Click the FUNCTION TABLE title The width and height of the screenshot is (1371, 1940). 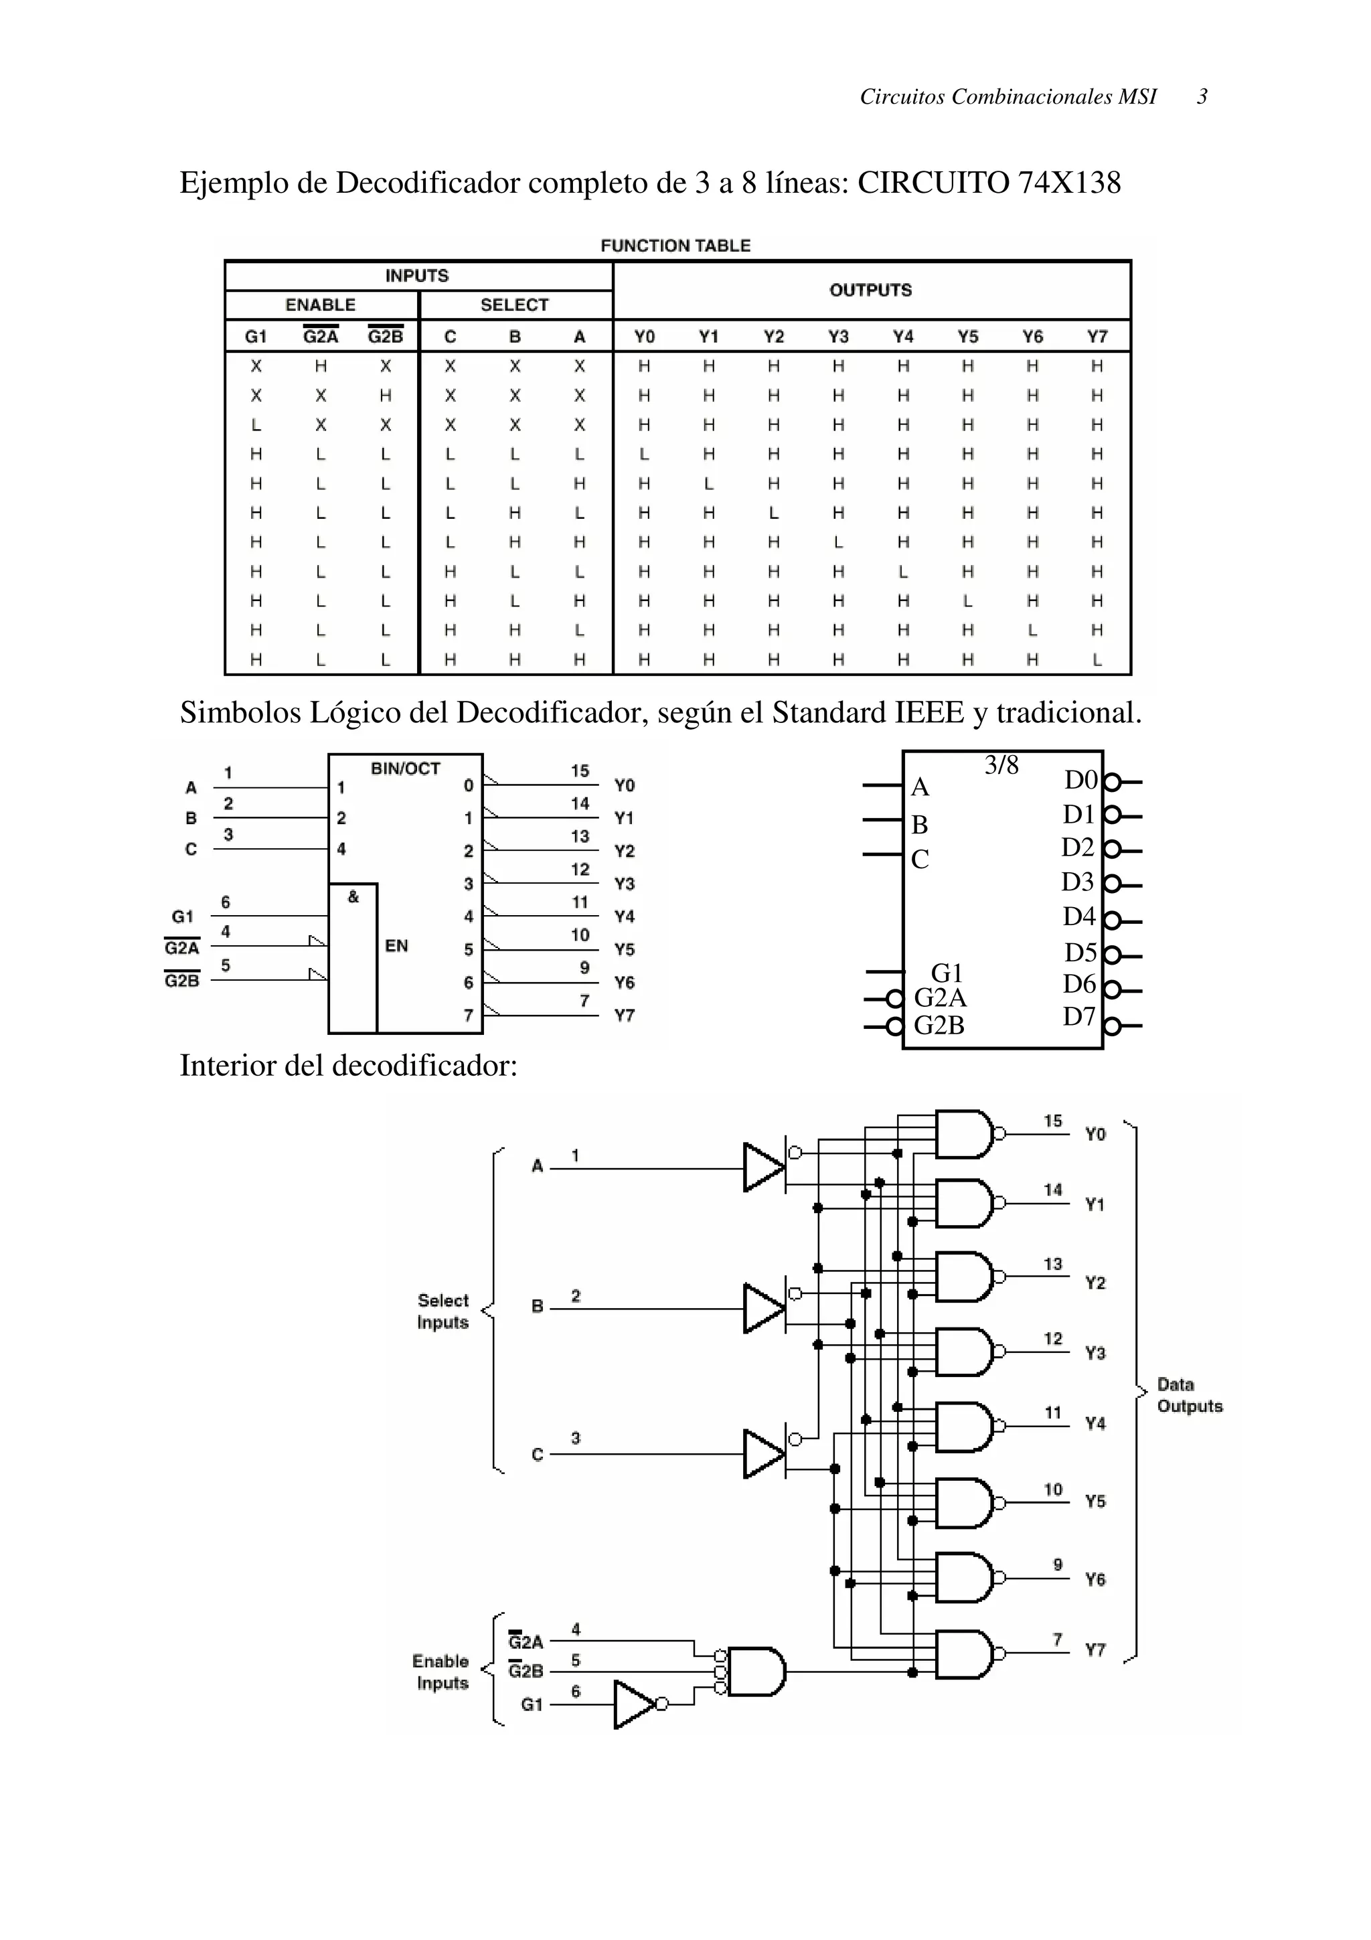coord(675,246)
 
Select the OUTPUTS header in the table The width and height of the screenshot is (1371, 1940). coord(870,290)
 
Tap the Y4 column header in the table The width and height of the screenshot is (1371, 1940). coord(903,336)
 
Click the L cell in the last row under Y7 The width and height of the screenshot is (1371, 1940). coord(1097,660)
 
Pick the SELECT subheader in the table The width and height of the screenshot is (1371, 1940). coord(514,305)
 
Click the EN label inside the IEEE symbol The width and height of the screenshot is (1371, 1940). coord(396,945)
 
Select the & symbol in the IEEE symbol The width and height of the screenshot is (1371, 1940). coord(353,897)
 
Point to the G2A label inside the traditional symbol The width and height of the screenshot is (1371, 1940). coord(940,998)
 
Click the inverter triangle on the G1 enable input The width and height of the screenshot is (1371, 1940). coord(633,1704)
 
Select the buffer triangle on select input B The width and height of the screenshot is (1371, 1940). coord(762,1309)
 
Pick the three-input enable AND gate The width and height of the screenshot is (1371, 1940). coord(755,1672)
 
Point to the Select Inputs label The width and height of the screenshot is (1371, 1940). coord(442,1311)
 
